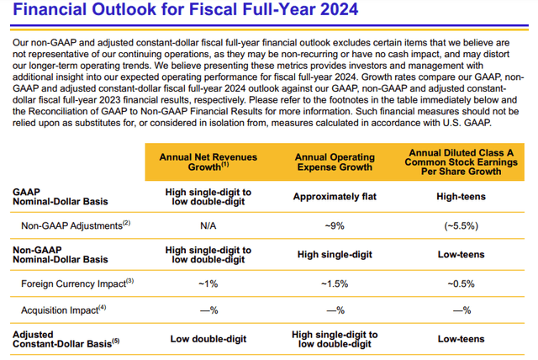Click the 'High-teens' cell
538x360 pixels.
462,197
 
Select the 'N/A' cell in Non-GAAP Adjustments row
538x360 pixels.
208,225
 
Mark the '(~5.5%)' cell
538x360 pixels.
462,225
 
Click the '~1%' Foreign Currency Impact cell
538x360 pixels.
208,283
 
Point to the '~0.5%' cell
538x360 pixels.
462,283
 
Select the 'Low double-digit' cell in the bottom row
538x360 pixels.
208,339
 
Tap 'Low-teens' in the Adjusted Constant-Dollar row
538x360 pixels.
462,339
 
